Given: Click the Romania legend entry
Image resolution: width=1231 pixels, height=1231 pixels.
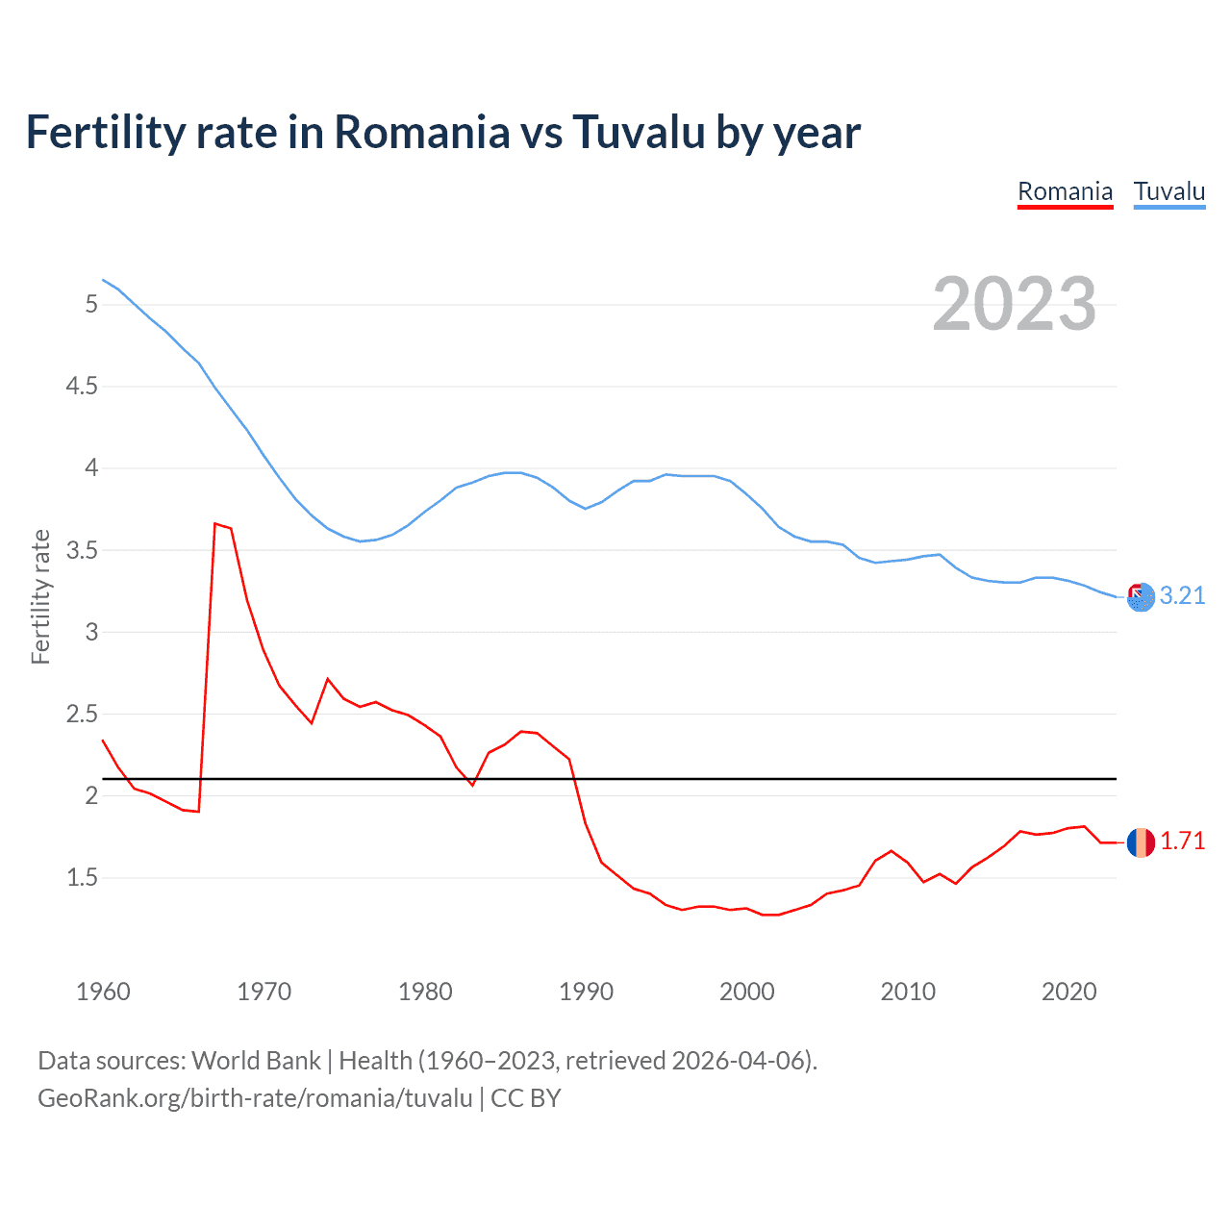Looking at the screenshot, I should (x=1065, y=191).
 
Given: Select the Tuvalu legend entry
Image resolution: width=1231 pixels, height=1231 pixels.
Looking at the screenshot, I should (x=1168, y=191).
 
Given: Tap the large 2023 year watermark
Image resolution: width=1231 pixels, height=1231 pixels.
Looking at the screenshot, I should (x=1015, y=304).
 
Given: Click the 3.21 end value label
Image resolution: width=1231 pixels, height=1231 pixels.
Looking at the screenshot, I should (x=1182, y=595).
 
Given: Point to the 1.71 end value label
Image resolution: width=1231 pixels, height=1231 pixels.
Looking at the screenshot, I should (x=1182, y=841).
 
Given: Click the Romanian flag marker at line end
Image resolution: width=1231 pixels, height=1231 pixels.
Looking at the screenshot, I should (x=1141, y=842).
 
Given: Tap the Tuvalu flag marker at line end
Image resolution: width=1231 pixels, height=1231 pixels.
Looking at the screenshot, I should (x=1141, y=597).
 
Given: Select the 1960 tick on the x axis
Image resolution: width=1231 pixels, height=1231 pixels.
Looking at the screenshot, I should (x=103, y=992).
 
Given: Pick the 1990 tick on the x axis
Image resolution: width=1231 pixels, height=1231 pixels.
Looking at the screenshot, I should (x=586, y=992).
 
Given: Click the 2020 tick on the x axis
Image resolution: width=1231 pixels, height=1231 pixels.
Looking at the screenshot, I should (x=1068, y=992).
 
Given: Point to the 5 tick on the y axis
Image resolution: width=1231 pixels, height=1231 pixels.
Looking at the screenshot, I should (x=91, y=305).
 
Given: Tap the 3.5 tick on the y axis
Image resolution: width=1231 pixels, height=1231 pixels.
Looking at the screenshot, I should (x=82, y=551).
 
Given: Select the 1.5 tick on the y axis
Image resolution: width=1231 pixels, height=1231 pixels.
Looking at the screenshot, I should (x=82, y=877).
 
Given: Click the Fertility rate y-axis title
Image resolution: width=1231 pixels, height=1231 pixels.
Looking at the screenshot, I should (x=40, y=596).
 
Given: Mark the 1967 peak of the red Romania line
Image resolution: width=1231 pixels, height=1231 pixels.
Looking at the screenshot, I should (x=215, y=524).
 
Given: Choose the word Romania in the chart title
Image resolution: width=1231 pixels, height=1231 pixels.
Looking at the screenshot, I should (x=421, y=132).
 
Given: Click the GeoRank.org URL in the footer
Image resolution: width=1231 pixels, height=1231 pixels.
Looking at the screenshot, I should (x=255, y=1098).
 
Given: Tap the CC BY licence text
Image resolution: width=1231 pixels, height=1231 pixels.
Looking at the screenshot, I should (x=526, y=1098).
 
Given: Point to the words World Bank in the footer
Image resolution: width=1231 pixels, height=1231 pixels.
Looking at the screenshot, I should (x=256, y=1060).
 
